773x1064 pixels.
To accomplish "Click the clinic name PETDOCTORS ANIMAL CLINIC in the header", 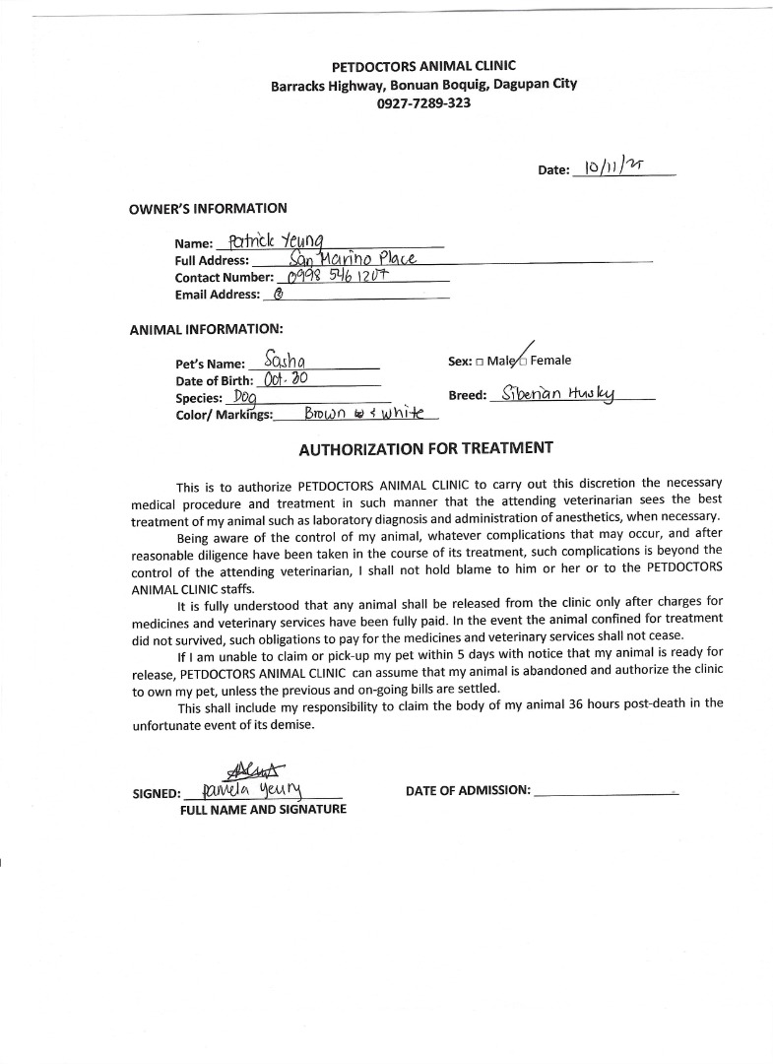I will (423, 67).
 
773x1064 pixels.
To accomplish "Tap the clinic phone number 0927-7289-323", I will (423, 102).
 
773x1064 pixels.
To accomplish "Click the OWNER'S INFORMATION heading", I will (208, 209).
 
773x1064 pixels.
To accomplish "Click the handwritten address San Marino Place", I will (354, 259).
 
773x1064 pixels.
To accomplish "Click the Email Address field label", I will (218, 294).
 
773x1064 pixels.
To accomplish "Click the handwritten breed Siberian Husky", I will (557, 394).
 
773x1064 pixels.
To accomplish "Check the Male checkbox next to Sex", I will (480, 362).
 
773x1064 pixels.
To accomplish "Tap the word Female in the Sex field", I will (550, 361).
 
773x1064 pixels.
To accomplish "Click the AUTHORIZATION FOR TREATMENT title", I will (425, 449).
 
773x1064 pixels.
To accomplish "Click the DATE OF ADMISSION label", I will (468, 790).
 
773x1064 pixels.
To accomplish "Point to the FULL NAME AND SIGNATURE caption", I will (262, 809).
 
